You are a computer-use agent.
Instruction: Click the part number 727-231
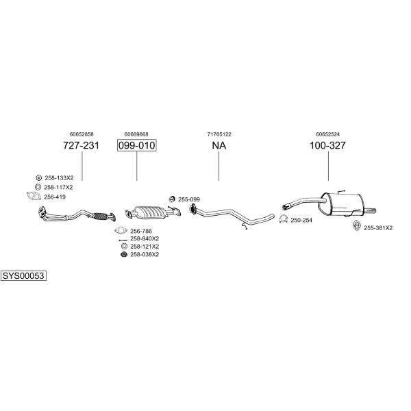(x=82, y=145)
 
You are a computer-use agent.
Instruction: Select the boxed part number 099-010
(x=136, y=145)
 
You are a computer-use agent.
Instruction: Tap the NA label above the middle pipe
(x=219, y=145)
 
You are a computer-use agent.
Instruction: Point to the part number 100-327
(x=327, y=145)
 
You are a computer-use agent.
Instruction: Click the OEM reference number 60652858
(x=82, y=134)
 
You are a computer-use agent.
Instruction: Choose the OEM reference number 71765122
(x=219, y=134)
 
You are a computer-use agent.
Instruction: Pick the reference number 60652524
(x=327, y=134)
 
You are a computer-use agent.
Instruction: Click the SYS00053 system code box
(x=23, y=276)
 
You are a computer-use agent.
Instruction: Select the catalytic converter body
(x=150, y=212)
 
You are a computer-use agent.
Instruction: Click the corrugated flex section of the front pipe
(x=100, y=216)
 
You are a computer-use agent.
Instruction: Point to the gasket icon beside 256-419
(x=34, y=196)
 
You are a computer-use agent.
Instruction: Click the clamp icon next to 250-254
(x=283, y=219)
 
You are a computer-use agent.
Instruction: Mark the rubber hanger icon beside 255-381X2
(x=357, y=225)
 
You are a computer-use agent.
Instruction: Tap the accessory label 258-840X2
(x=145, y=239)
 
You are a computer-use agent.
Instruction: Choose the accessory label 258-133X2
(x=59, y=178)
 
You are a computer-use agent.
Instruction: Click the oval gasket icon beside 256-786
(x=121, y=230)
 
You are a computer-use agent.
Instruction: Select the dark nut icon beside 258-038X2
(x=124, y=254)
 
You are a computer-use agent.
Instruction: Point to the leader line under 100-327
(x=328, y=166)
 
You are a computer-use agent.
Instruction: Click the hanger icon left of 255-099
(x=172, y=199)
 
